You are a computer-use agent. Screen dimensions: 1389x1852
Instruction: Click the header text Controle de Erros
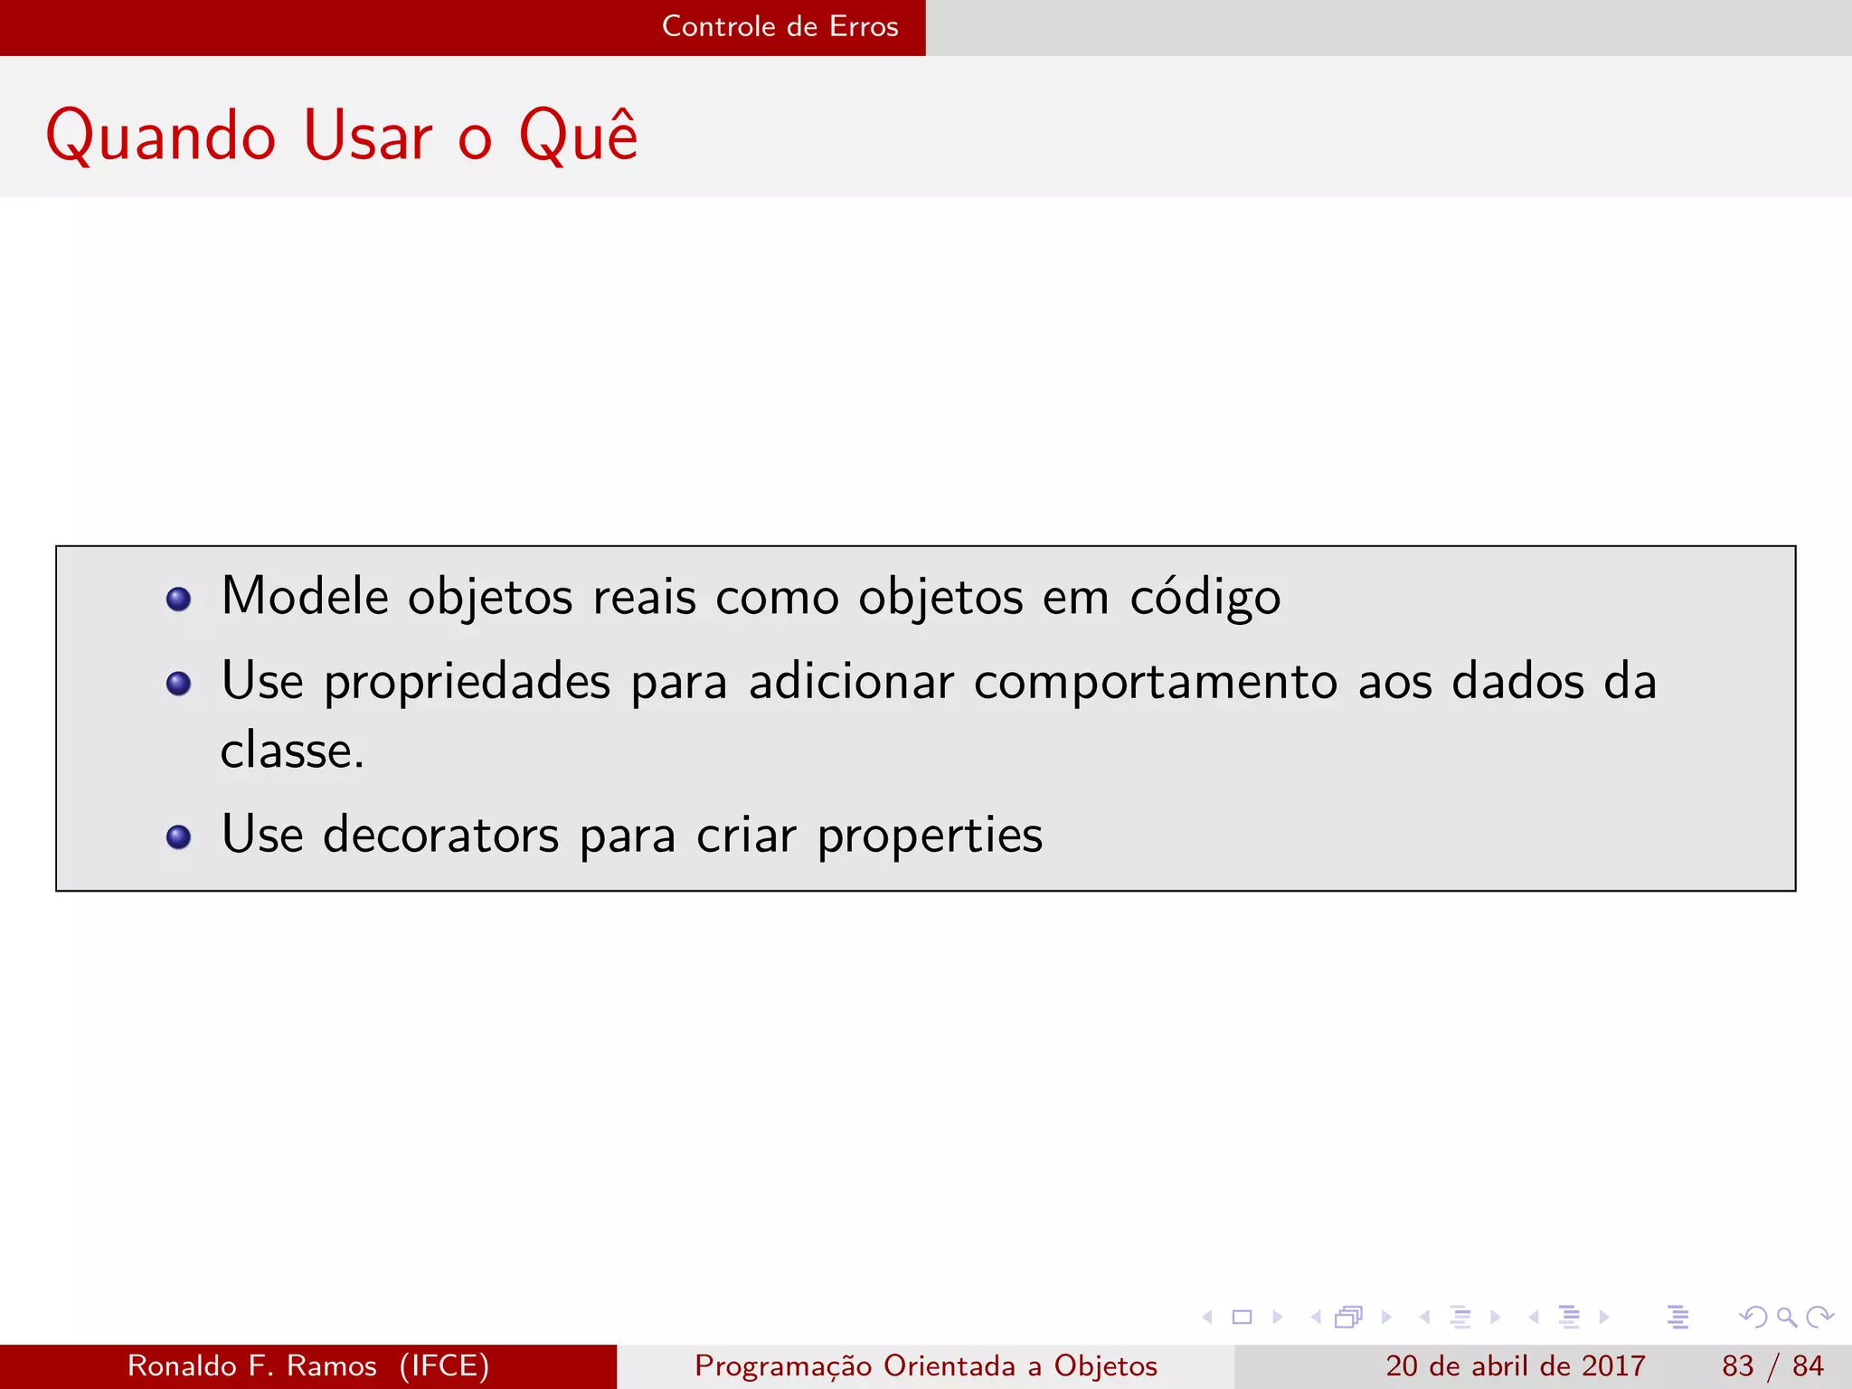[780, 26]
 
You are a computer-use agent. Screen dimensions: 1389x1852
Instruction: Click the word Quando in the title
[160, 137]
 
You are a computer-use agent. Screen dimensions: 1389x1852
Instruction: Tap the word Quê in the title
[578, 136]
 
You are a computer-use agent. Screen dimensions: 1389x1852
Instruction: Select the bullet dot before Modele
[179, 599]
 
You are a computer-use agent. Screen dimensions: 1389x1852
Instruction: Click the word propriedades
[467, 683]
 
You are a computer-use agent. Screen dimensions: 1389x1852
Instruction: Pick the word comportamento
[1155, 683]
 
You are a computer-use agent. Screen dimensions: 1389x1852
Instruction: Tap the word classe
[291, 751]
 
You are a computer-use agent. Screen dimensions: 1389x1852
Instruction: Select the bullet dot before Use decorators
[179, 836]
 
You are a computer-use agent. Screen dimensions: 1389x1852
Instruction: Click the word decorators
[440, 835]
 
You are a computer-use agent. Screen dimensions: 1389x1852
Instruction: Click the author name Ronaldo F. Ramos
[251, 1365]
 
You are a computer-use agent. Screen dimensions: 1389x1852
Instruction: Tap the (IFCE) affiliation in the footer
[444, 1365]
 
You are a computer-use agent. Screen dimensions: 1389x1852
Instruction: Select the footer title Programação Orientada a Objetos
[925, 1365]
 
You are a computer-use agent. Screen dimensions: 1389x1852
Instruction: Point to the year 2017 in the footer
[1612, 1365]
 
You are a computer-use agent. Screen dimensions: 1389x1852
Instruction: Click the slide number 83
[1737, 1365]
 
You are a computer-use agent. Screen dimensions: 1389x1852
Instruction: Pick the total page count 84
[1808, 1365]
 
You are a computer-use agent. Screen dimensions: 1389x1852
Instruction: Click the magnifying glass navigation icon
[1786, 1317]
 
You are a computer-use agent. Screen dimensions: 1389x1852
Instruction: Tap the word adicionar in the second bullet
[851, 683]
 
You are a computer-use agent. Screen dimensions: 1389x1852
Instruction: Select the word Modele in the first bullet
[305, 597]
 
